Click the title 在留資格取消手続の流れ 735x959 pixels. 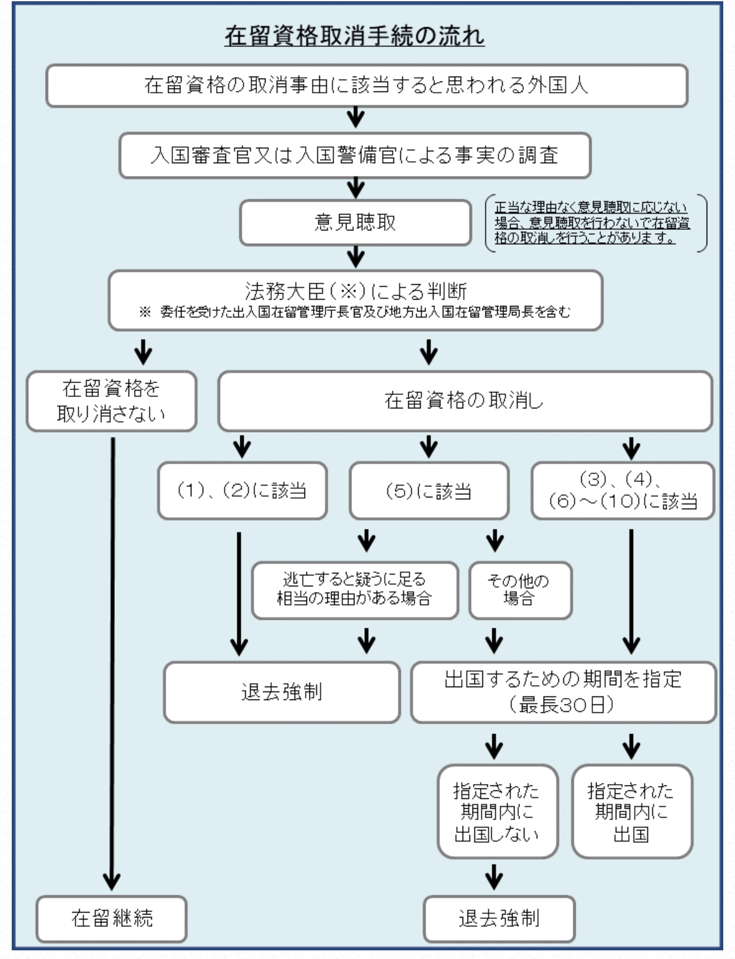click(x=354, y=36)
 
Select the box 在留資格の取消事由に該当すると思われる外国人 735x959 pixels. click(x=366, y=85)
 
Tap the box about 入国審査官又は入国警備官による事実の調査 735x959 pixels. click(x=355, y=155)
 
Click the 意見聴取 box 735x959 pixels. click(x=355, y=222)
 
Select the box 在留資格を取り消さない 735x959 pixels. click(x=111, y=400)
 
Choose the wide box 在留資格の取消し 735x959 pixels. click(x=464, y=400)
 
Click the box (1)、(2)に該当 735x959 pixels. click(x=242, y=491)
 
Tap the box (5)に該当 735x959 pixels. click(x=429, y=491)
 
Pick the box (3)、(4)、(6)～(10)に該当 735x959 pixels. click(x=623, y=491)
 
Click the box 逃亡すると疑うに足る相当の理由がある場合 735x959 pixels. click(x=355, y=589)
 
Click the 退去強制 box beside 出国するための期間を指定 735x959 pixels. click(x=282, y=691)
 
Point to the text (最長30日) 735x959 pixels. click(x=562, y=704)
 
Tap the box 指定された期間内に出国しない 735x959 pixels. click(x=497, y=812)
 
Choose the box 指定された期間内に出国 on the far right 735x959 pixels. click(x=631, y=812)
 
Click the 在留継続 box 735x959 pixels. click(x=111, y=918)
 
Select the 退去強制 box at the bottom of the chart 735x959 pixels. click(x=498, y=918)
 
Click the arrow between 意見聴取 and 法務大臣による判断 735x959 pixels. click(x=356, y=256)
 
